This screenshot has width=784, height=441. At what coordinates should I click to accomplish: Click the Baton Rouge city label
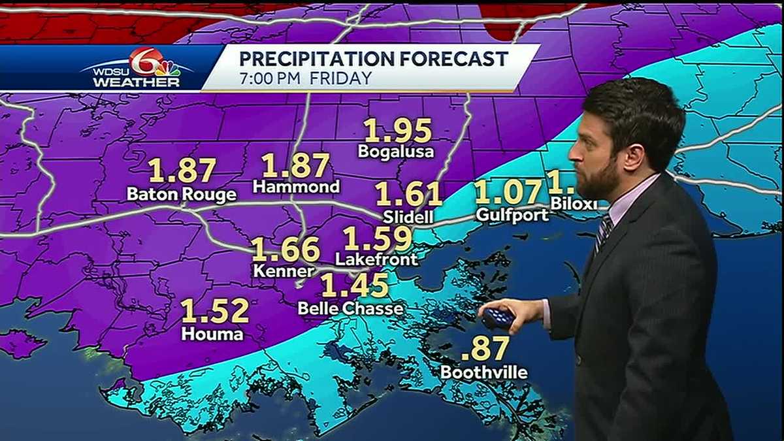coord(181,195)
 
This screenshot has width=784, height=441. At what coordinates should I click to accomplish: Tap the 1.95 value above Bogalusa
coord(398,131)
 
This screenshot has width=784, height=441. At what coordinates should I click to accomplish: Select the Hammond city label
coord(296,187)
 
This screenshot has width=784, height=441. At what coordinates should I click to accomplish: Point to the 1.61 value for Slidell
coord(408,194)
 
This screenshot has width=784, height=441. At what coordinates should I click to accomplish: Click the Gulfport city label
coord(512,214)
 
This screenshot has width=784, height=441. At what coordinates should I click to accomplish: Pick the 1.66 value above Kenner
coord(286,250)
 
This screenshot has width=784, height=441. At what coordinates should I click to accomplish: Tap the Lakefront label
coord(376,259)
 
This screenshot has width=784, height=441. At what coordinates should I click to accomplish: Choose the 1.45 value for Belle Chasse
coord(355,285)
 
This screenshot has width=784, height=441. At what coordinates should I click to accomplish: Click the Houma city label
coord(213,334)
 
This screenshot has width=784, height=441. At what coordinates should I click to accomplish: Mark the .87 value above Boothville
coord(484,349)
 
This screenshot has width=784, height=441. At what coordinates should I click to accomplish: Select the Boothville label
coord(483,373)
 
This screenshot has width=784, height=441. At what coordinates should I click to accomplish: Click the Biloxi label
coord(574,203)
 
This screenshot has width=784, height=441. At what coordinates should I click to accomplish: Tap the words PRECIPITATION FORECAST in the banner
coord(373,59)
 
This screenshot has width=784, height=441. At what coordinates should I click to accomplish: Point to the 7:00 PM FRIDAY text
coord(305,78)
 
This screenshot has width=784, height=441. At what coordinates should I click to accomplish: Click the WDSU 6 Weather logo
coord(137,68)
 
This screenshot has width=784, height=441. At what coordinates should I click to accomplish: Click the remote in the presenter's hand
coord(498,318)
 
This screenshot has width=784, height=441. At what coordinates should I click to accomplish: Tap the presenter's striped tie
coord(603,233)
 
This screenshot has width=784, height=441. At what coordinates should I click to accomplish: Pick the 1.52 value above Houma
coord(215,311)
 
